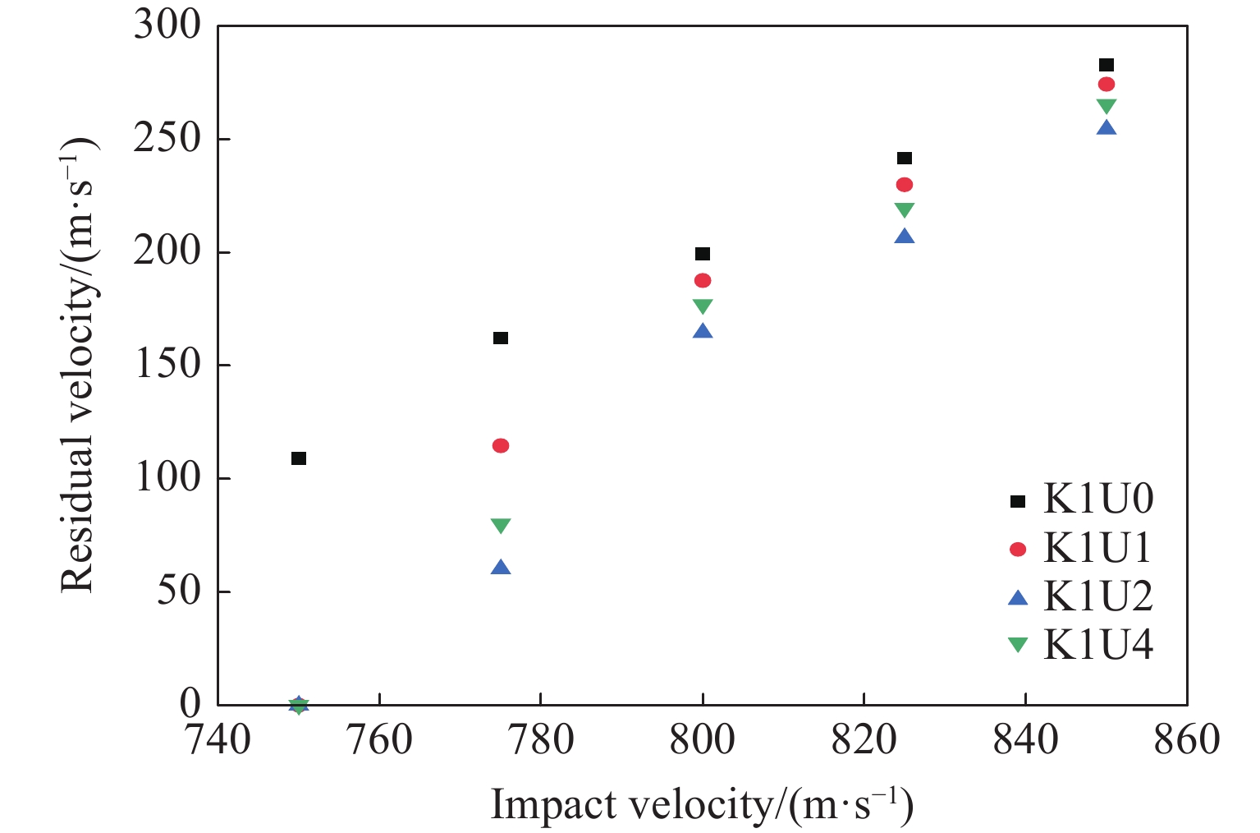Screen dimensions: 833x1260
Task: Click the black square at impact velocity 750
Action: click(299, 458)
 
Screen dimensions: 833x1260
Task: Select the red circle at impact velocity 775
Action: click(501, 446)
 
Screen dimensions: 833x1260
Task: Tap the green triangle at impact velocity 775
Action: click(501, 526)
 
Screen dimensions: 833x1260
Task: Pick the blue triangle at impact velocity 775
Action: click(501, 567)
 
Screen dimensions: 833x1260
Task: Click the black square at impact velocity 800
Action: click(703, 254)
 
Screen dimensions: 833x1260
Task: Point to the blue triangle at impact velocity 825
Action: click(905, 237)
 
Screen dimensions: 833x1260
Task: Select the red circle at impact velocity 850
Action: click(1107, 85)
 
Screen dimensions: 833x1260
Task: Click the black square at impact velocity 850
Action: click(1107, 65)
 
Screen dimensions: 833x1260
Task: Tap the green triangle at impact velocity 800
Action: click(703, 306)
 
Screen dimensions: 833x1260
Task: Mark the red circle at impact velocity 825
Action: click(905, 185)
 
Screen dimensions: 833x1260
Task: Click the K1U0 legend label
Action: click(1098, 499)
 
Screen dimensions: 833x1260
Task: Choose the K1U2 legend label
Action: click(1098, 596)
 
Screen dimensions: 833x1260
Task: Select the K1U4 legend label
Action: click(1098, 645)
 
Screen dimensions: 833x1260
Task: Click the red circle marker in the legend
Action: click(1018, 549)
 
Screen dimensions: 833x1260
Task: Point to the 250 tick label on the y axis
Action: click(167, 139)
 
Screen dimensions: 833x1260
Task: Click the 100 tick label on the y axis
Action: click(167, 478)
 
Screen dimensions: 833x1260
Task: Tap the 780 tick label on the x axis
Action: click(541, 739)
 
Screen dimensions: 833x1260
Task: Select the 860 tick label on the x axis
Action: click(1187, 739)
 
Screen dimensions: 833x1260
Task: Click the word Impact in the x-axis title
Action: click(555, 805)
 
